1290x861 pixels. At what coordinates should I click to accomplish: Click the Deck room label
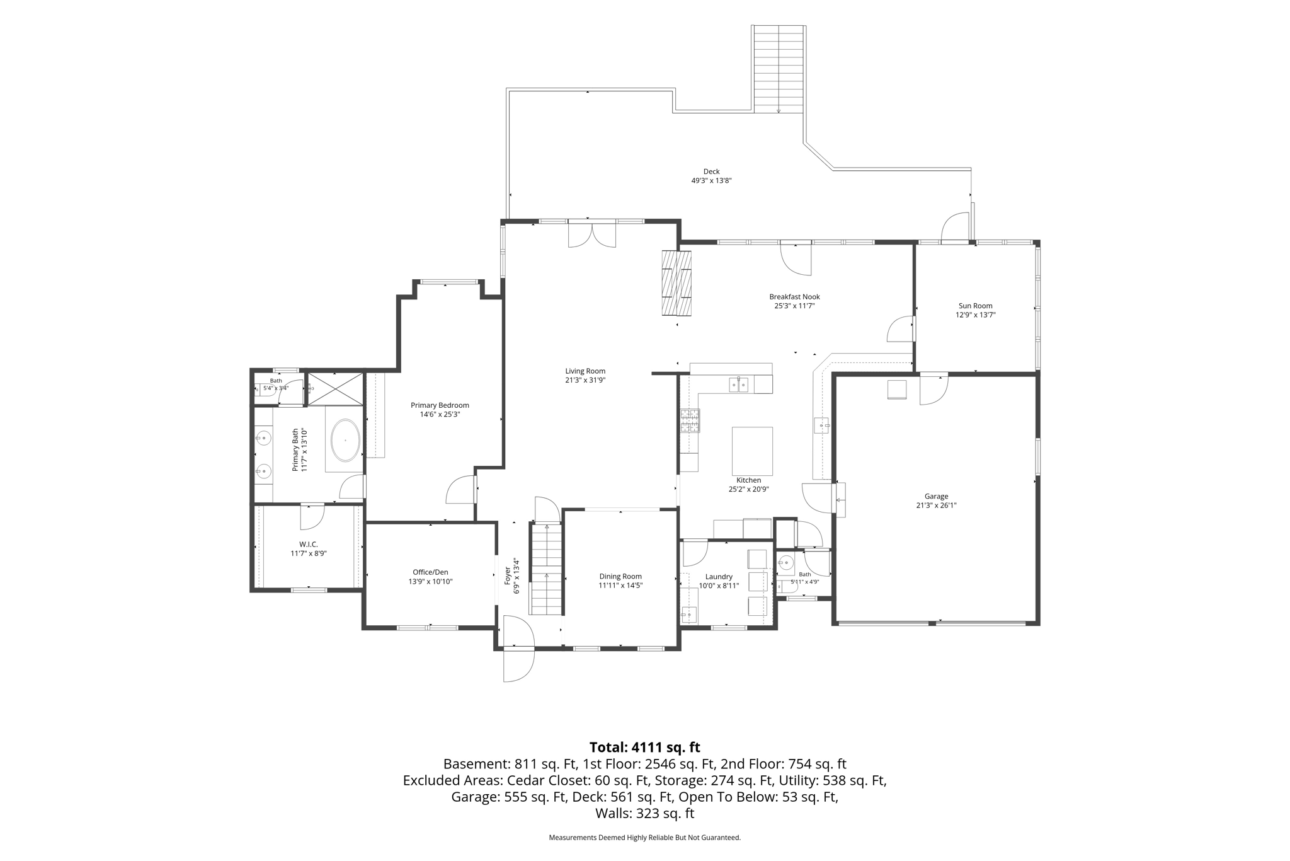(x=711, y=171)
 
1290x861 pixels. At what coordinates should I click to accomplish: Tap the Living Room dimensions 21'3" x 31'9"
(x=585, y=380)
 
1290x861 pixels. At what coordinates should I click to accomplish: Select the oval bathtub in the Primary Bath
(x=345, y=440)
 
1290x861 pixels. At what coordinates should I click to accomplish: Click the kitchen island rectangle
(x=752, y=451)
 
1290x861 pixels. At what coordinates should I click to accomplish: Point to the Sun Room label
(x=975, y=306)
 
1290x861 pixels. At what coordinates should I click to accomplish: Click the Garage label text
(x=936, y=496)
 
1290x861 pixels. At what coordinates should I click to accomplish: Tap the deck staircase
(x=779, y=69)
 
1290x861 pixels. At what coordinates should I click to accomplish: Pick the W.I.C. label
(x=308, y=544)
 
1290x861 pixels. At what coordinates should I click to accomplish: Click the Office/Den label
(x=430, y=572)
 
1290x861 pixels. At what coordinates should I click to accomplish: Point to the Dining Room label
(x=620, y=576)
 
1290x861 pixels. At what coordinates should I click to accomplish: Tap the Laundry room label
(x=719, y=577)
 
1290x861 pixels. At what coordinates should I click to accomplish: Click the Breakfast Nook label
(x=794, y=297)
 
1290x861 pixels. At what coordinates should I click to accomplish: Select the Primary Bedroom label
(x=440, y=405)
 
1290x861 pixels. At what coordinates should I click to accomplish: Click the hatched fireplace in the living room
(x=676, y=282)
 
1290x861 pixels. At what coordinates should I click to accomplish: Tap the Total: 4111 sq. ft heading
(x=644, y=747)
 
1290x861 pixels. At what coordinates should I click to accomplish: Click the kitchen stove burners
(x=689, y=420)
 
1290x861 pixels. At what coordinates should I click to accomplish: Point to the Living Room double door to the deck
(x=592, y=234)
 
